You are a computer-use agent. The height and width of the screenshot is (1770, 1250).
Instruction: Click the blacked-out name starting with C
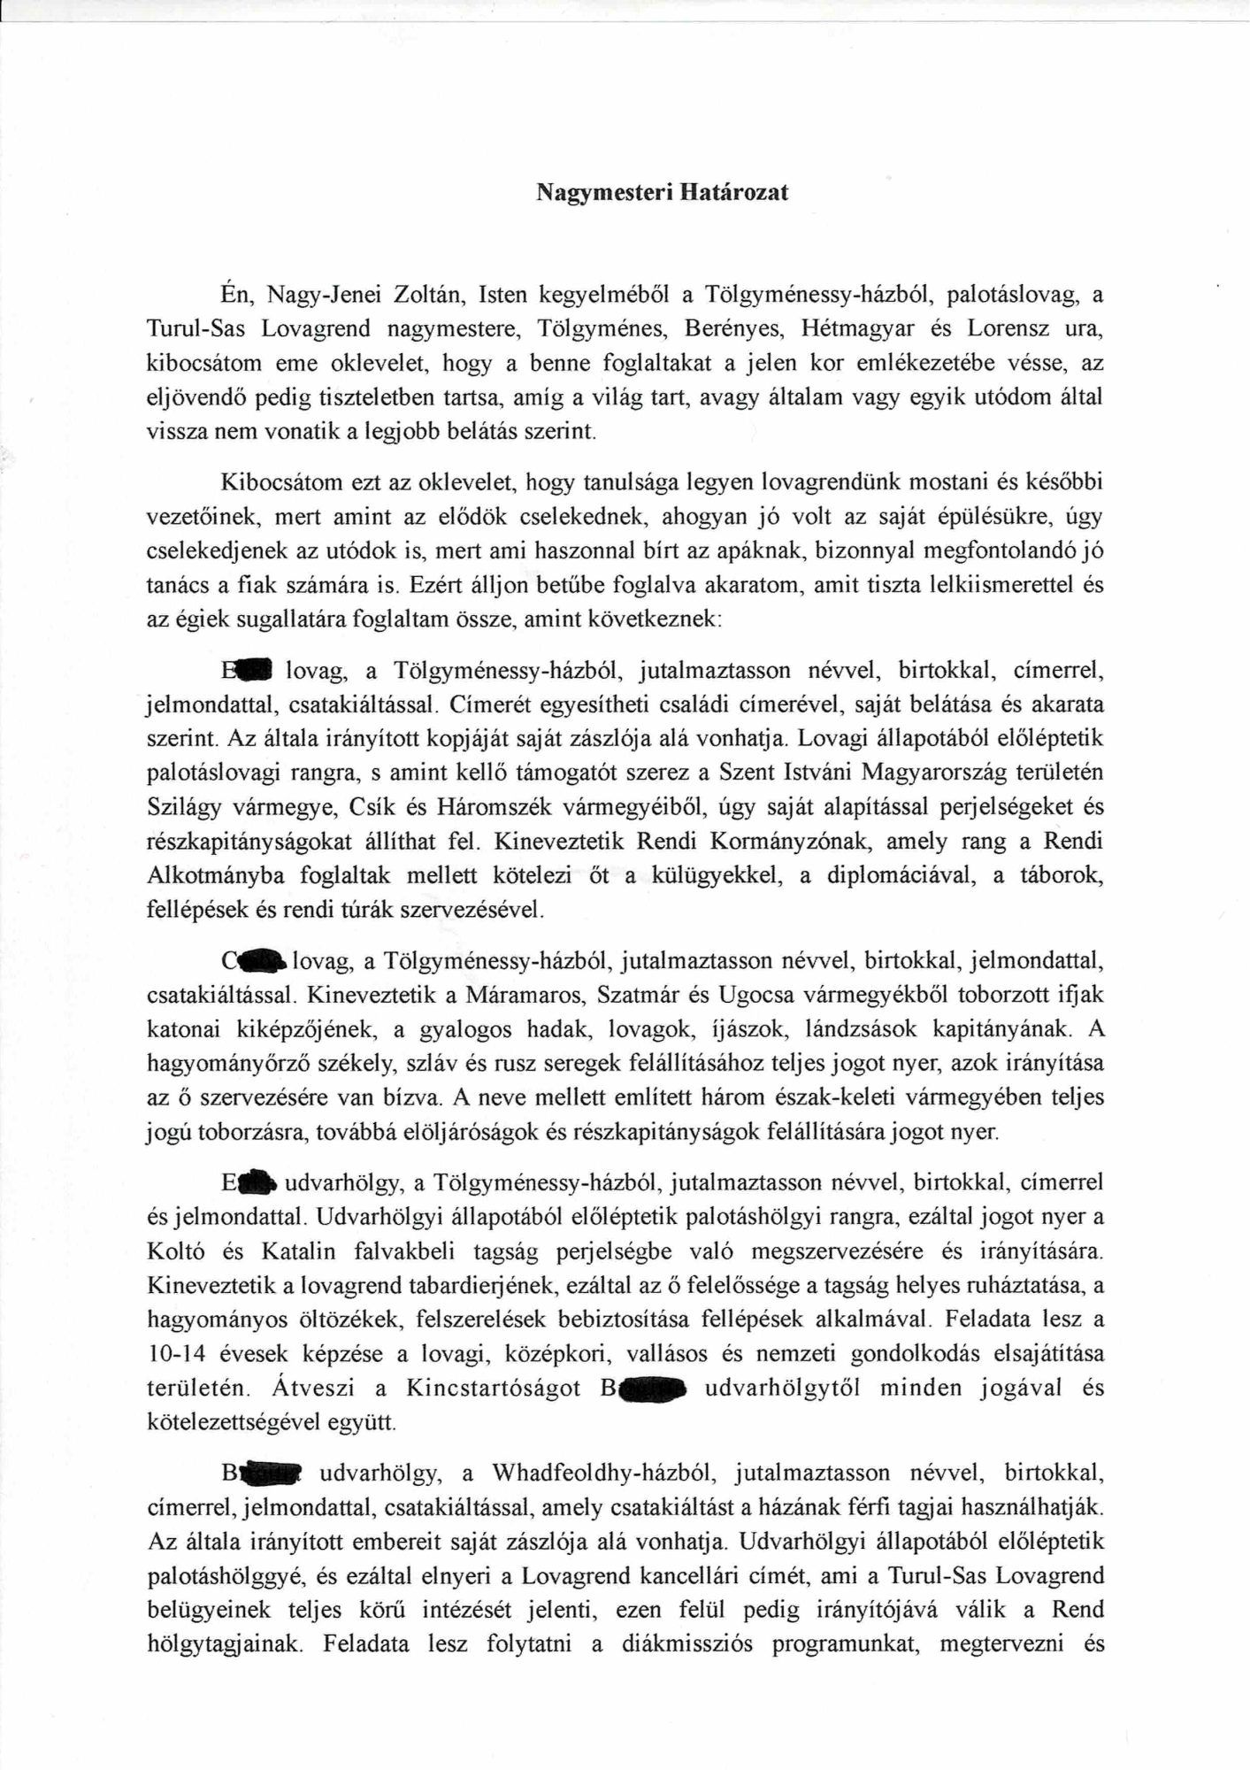255,959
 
